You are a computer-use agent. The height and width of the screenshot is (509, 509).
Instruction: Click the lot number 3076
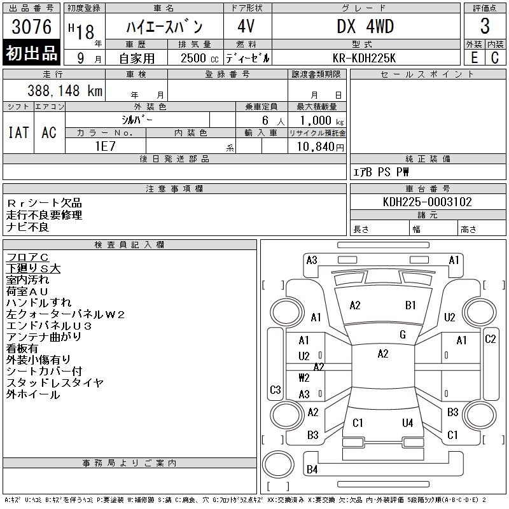point(32,27)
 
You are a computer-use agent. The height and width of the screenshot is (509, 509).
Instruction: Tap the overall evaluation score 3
point(485,26)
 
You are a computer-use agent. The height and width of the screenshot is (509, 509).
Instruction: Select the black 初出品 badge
point(32,54)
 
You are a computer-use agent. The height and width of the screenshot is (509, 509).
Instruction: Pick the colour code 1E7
point(105,145)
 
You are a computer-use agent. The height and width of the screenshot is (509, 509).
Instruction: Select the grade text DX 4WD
point(365,26)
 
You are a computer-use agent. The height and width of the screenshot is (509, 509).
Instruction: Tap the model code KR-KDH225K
point(365,57)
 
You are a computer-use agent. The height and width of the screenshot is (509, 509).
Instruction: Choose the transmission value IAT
point(18,132)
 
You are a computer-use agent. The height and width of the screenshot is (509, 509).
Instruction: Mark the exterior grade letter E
point(474,57)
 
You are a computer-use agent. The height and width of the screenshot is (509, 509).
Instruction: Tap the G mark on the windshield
point(403,335)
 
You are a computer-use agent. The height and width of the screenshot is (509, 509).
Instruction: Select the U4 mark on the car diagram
point(407,422)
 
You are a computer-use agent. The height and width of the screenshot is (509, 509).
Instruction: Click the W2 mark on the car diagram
point(304,378)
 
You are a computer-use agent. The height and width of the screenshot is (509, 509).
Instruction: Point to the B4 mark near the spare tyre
point(312,470)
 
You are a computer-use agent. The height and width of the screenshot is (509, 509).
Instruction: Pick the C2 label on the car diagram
point(491,339)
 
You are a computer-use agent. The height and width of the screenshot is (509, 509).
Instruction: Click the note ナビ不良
point(28,227)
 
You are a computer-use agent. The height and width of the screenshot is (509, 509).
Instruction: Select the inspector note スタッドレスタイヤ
point(55,383)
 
